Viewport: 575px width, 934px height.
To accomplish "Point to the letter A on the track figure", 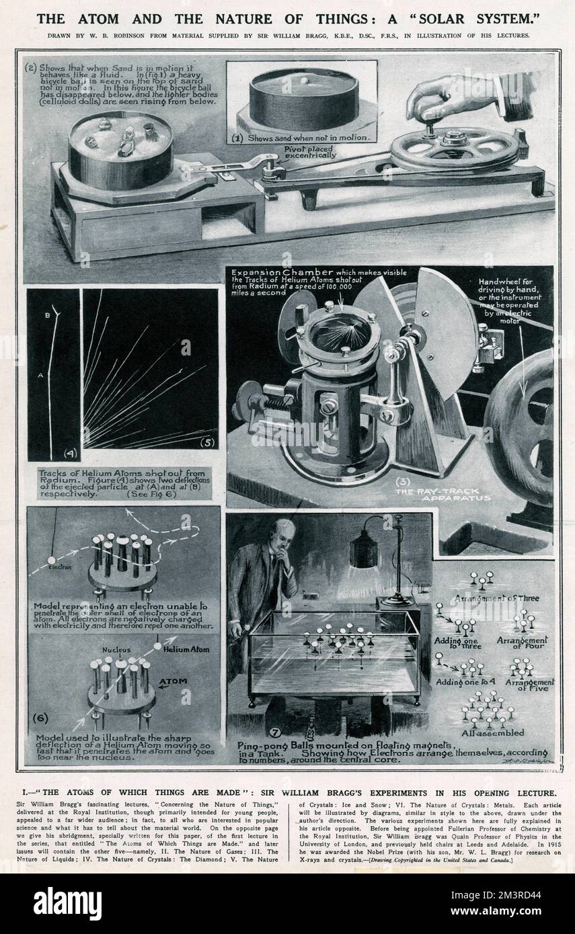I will coord(40,376).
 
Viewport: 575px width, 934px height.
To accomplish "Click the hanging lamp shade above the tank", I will coord(364,548).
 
